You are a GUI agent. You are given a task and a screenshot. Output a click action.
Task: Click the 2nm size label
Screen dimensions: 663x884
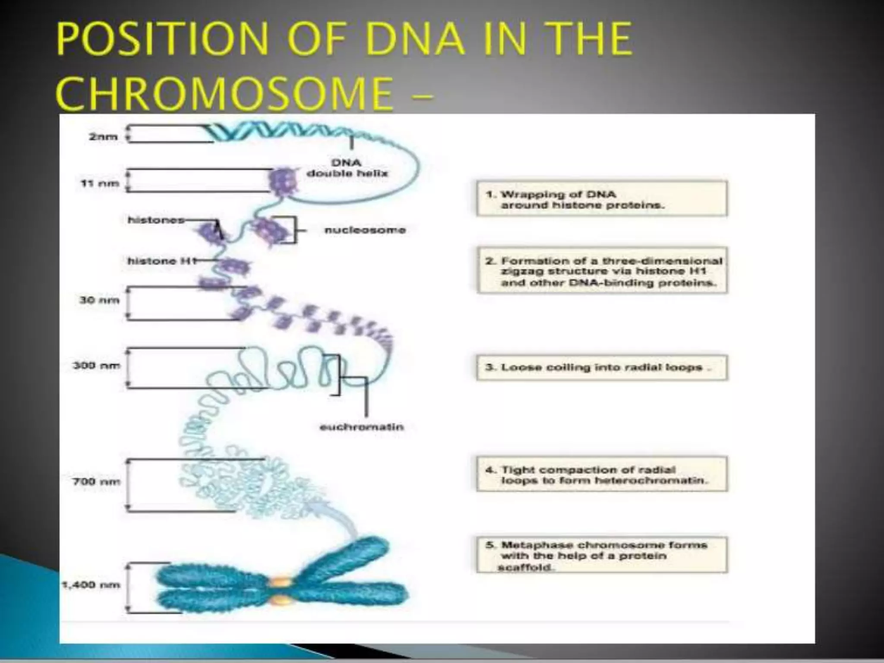[103, 137]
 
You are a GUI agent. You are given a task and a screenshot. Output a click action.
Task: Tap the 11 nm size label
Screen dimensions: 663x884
[100, 183]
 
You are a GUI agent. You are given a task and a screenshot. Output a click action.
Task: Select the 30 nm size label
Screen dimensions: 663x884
[99, 300]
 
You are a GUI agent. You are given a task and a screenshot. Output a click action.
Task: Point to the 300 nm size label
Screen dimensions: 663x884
[96, 366]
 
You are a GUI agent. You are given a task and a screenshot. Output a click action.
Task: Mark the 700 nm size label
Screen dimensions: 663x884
[96, 481]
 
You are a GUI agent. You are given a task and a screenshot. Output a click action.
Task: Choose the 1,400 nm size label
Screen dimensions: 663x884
[91, 585]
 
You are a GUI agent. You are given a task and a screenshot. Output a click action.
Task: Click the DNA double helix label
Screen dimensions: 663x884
[347, 168]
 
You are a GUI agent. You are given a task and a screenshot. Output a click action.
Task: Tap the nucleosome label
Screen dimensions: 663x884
[365, 230]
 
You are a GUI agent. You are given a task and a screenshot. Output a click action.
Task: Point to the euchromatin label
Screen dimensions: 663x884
[362, 427]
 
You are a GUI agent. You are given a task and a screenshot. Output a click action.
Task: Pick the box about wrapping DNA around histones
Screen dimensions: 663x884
[602, 199]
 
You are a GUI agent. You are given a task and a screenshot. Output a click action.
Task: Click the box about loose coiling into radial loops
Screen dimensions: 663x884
[602, 368]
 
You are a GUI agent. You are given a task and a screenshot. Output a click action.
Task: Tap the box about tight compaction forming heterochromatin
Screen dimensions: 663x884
[602, 474]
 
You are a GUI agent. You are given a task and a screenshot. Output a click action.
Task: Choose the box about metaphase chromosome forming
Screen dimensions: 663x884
[602, 555]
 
